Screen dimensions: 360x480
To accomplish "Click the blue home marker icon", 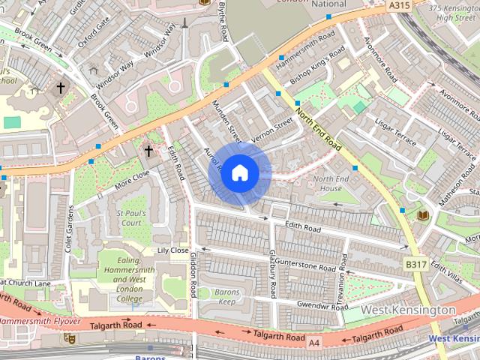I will (x=239, y=173).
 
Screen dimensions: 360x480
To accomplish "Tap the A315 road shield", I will (x=400, y=4).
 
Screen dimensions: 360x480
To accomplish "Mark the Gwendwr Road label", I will (x=322, y=306).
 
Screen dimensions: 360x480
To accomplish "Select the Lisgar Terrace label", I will (x=398, y=130).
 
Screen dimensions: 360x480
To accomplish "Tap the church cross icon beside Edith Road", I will (x=148, y=151).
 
